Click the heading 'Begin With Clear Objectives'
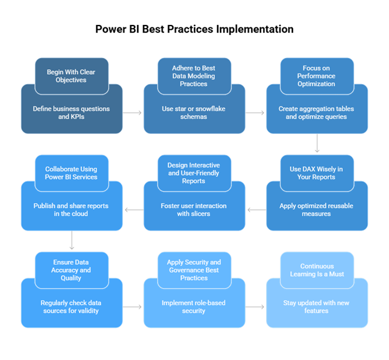71,76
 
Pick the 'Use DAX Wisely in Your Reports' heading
317,173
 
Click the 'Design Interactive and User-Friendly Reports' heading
194,173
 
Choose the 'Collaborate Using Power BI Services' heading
71,173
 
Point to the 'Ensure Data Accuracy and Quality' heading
71,270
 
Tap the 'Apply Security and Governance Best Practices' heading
194,270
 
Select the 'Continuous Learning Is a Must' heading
317,270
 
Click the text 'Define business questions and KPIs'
71,113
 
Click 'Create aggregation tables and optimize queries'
317,113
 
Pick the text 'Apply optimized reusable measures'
317,209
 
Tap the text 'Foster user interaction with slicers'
194,209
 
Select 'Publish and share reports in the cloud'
71,209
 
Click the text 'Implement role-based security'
194,306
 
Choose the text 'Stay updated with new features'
317,306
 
